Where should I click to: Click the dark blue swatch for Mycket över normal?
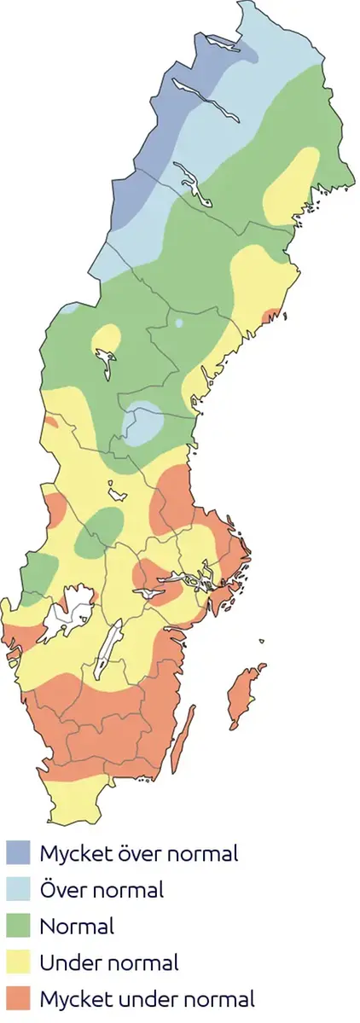tap(18, 852)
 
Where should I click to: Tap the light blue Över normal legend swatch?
tap(18, 889)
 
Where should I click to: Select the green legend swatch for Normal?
tap(18, 926)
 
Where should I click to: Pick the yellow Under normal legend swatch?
tap(18, 962)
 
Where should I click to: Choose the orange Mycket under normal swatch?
tap(18, 999)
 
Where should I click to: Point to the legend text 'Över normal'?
tap(102, 889)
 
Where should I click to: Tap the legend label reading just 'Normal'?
tap(77, 926)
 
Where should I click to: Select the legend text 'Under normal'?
tap(109, 962)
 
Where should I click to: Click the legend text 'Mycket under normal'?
tap(147, 999)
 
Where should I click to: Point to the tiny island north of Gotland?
tap(260, 643)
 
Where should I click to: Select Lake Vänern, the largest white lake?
tap(68, 610)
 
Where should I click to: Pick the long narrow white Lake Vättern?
tap(110, 649)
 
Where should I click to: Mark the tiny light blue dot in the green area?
tap(179, 323)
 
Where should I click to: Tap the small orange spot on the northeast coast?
tap(273, 314)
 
